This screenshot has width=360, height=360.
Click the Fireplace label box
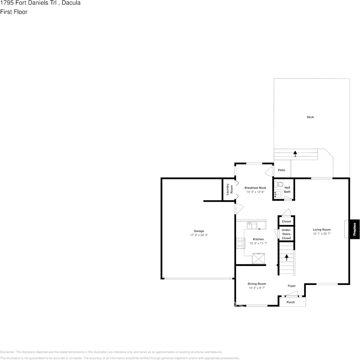click(354, 229)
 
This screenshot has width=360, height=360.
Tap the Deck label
click(310, 117)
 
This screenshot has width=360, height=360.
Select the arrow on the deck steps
click(295, 154)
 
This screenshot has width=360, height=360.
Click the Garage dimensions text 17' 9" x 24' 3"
click(199, 236)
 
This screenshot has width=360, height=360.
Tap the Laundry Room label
click(229, 189)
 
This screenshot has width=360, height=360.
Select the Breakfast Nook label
click(255, 188)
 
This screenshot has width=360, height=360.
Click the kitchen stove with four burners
click(240, 243)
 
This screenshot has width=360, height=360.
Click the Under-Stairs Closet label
click(286, 234)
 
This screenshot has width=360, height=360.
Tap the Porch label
click(291, 302)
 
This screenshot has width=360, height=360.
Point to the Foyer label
click(291, 286)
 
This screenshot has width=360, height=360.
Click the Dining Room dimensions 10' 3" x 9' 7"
click(257, 288)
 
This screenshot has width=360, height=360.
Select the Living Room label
click(322, 230)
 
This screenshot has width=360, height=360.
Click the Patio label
click(281, 170)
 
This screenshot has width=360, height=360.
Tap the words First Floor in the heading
click(14, 12)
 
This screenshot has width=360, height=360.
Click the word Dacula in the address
click(71, 3)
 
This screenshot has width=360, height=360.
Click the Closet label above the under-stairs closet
click(286, 222)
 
